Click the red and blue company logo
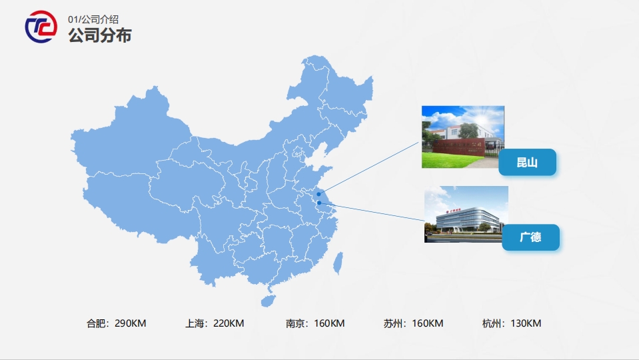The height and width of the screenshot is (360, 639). (41, 27)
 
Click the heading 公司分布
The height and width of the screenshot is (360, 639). (99, 35)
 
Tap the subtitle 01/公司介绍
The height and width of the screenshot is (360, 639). (93, 19)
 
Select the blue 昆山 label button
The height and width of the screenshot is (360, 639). (527, 162)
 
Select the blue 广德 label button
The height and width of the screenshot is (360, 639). (530, 237)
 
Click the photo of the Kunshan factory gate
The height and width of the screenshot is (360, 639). (462, 137)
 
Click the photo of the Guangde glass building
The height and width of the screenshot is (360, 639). (466, 213)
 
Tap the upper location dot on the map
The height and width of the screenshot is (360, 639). (319, 194)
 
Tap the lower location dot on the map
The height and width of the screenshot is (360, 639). (319, 203)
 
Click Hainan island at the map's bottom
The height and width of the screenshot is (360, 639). (267, 301)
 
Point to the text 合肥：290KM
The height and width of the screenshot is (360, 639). (116, 324)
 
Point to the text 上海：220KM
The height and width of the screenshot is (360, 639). (215, 324)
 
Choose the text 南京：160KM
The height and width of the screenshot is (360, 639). (315, 324)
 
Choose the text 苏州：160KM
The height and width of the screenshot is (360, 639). (413, 324)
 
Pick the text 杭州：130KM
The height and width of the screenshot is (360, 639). (512, 324)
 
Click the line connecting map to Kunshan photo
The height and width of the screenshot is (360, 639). (370, 167)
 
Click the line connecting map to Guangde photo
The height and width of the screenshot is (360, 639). (373, 211)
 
